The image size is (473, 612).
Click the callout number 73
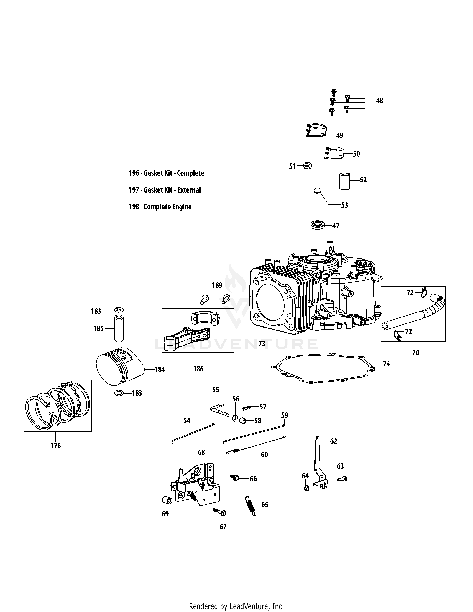261,344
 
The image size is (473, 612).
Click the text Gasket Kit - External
165,190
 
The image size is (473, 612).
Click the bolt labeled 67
220,512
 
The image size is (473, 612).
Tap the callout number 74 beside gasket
386,364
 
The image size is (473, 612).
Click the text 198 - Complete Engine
160,207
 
